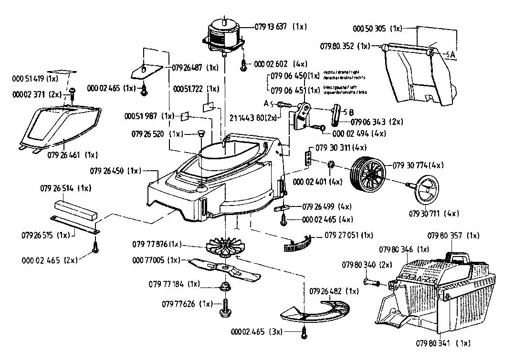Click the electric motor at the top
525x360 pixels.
pyautogui.click(x=224, y=34)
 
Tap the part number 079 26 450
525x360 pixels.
pyautogui.click(x=108, y=170)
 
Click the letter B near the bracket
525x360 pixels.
pyautogui.click(x=351, y=113)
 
